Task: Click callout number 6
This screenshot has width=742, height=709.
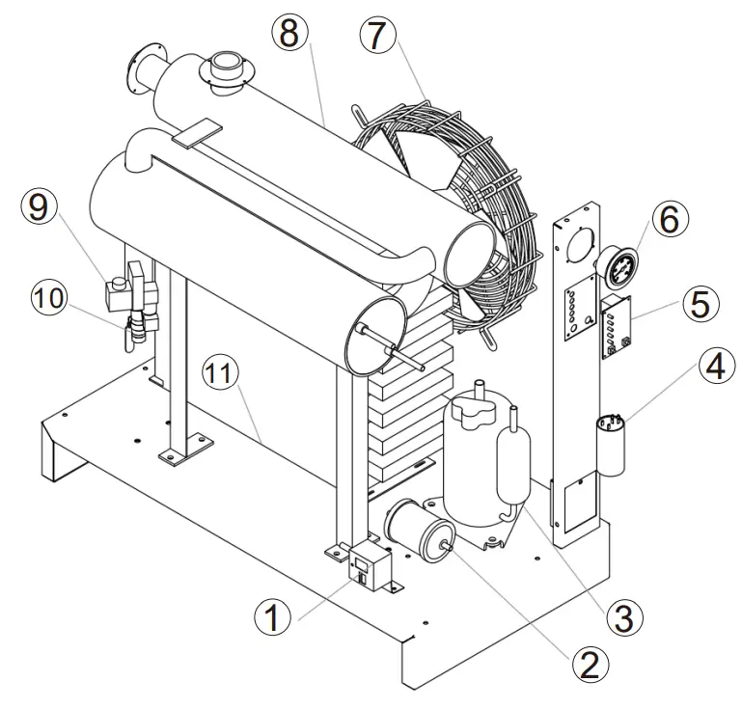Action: tap(670, 220)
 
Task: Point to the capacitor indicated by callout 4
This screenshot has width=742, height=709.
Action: tap(610, 446)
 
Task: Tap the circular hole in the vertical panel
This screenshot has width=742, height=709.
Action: tap(580, 243)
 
